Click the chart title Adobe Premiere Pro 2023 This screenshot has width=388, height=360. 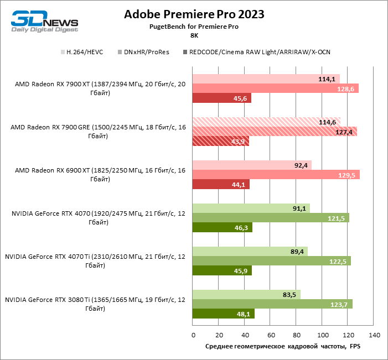(194, 14)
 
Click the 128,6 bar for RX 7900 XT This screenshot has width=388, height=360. (276, 88)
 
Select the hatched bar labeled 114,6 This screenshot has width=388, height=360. (266, 122)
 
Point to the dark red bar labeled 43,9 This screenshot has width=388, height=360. (221, 142)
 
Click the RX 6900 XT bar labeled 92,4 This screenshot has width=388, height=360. (252, 165)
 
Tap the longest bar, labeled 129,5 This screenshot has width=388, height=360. (276, 175)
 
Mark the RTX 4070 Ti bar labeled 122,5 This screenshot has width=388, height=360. (272, 260)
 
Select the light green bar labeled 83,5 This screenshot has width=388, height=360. (246, 294)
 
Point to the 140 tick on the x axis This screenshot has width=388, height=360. (374, 335)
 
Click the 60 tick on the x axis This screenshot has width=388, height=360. (271, 335)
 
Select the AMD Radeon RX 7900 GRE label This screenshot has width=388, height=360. (97, 131)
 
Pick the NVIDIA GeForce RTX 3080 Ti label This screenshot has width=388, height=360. (95, 304)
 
